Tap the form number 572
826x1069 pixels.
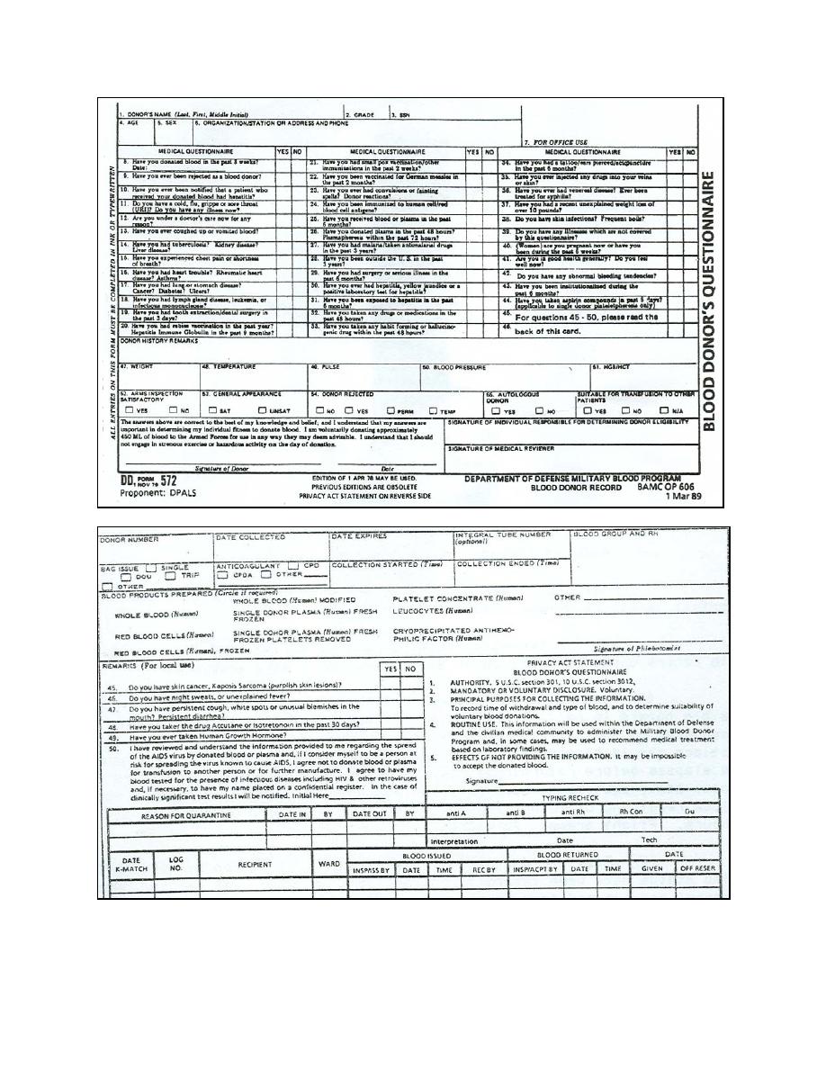(163, 481)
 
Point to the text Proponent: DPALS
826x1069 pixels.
(157, 496)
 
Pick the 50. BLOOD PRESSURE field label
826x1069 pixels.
(454, 367)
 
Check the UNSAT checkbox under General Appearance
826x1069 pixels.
(262, 410)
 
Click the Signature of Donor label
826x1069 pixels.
(220, 469)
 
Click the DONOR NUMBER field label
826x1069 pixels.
(129, 539)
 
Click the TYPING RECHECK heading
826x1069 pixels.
(569, 797)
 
